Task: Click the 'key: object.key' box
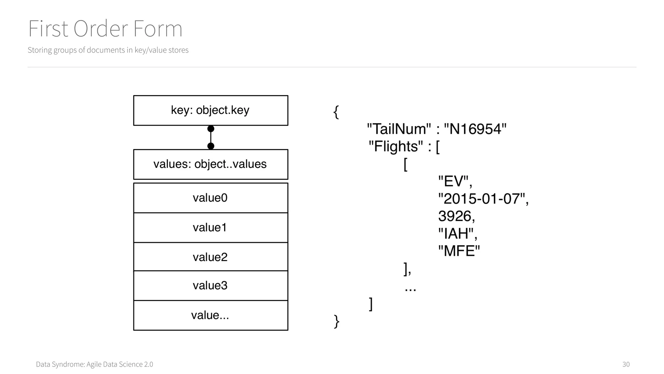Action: click(x=210, y=110)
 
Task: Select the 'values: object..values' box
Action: click(x=210, y=164)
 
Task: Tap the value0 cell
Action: click(x=210, y=198)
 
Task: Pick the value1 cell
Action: click(x=210, y=228)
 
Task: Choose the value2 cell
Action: click(x=210, y=257)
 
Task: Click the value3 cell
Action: click(x=210, y=285)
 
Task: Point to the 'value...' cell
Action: click(x=210, y=315)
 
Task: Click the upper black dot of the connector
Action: click(x=211, y=129)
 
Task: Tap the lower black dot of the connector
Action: click(x=211, y=146)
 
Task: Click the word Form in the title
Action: click(x=158, y=29)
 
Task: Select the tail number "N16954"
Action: click(x=475, y=129)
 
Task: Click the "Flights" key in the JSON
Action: click(x=396, y=146)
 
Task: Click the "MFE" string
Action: click(x=459, y=251)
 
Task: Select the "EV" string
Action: click(x=453, y=181)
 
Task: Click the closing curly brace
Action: click(x=337, y=321)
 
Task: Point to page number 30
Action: click(x=626, y=364)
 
